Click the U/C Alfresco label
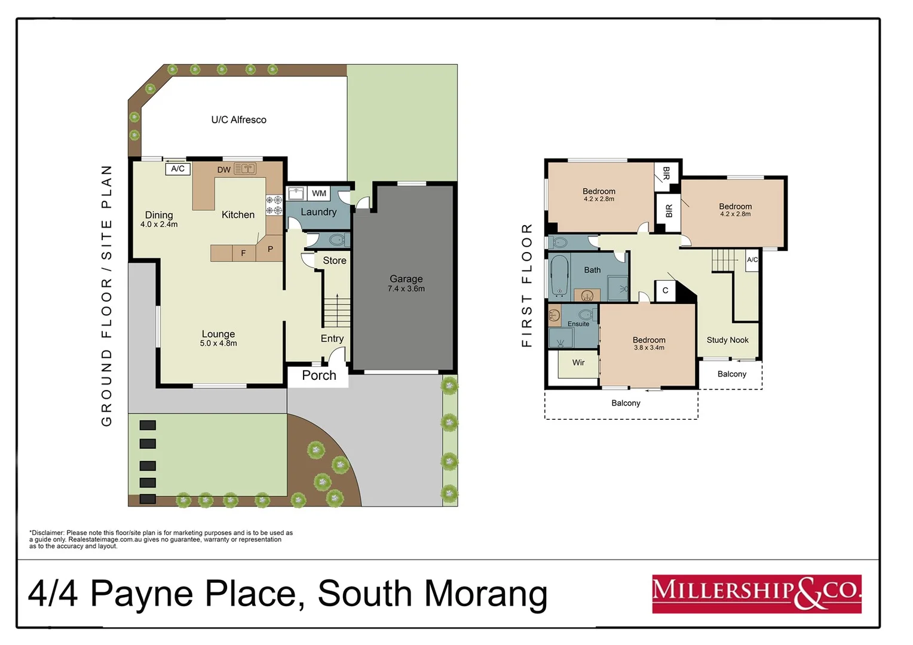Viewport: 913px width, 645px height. [238, 119]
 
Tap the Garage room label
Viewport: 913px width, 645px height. [406, 279]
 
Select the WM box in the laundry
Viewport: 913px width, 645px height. [319, 193]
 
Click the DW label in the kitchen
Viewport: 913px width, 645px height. [223, 170]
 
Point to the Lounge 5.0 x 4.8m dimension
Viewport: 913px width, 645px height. [218, 343]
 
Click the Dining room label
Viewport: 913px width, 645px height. [159, 215]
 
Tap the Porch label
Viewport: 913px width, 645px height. [318, 376]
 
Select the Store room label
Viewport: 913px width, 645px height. [334, 260]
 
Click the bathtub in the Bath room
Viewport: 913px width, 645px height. [559, 275]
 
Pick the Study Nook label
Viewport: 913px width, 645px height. [727, 340]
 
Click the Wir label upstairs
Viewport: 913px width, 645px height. [578, 363]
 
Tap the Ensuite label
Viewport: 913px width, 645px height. [578, 324]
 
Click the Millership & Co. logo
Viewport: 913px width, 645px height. [756, 594]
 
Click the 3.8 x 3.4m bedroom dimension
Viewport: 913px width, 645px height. [649, 348]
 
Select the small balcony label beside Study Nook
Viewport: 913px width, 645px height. [731, 374]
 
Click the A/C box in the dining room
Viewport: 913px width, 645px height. [177, 169]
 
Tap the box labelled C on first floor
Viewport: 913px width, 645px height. [665, 291]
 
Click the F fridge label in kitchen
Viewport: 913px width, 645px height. [243, 253]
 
